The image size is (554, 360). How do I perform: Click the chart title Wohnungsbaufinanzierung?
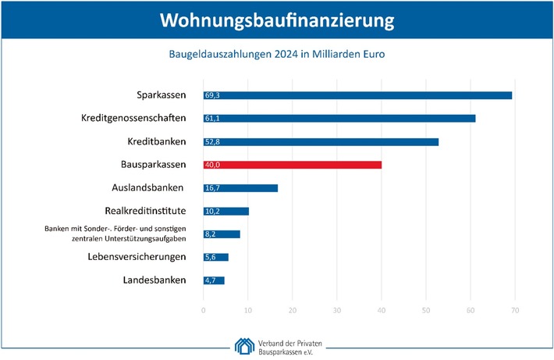point(277,21)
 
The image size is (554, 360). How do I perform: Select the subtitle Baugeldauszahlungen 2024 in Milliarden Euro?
point(277,55)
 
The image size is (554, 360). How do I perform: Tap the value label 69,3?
point(211,95)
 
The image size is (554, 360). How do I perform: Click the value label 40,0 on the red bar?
point(211,165)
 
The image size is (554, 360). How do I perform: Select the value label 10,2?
point(211,212)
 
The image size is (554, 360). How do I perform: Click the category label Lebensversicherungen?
point(137,257)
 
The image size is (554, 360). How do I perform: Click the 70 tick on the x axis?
point(514,312)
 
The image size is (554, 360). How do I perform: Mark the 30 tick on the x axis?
point(336,312)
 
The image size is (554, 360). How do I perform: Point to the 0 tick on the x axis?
point(203,312)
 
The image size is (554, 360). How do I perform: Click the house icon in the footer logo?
point(243,344)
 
